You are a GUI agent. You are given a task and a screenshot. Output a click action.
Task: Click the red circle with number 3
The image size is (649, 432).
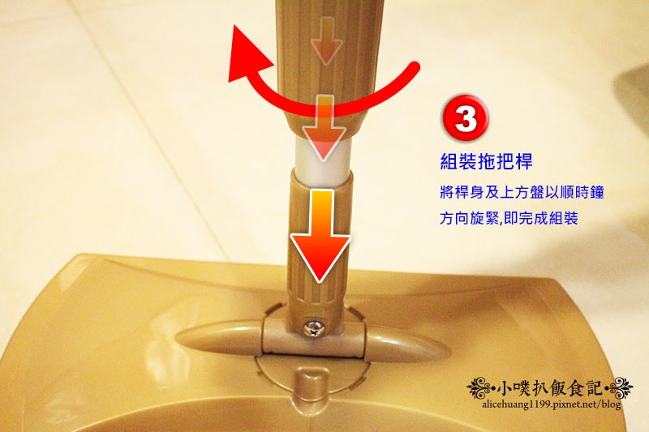point(466,119)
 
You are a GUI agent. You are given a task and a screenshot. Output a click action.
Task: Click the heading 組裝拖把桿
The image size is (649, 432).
point(486,161)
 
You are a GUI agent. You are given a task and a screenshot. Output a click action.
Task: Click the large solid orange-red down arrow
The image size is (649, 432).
point(320,234)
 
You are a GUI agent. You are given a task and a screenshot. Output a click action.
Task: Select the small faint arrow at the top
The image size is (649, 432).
point(327,41)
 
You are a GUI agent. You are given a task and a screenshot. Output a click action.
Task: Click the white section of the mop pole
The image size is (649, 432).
point(323,156)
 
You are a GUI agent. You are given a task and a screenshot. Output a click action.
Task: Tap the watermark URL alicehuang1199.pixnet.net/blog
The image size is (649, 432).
point(552,404)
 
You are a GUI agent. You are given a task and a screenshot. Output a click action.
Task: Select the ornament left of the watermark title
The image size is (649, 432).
point(481,387)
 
